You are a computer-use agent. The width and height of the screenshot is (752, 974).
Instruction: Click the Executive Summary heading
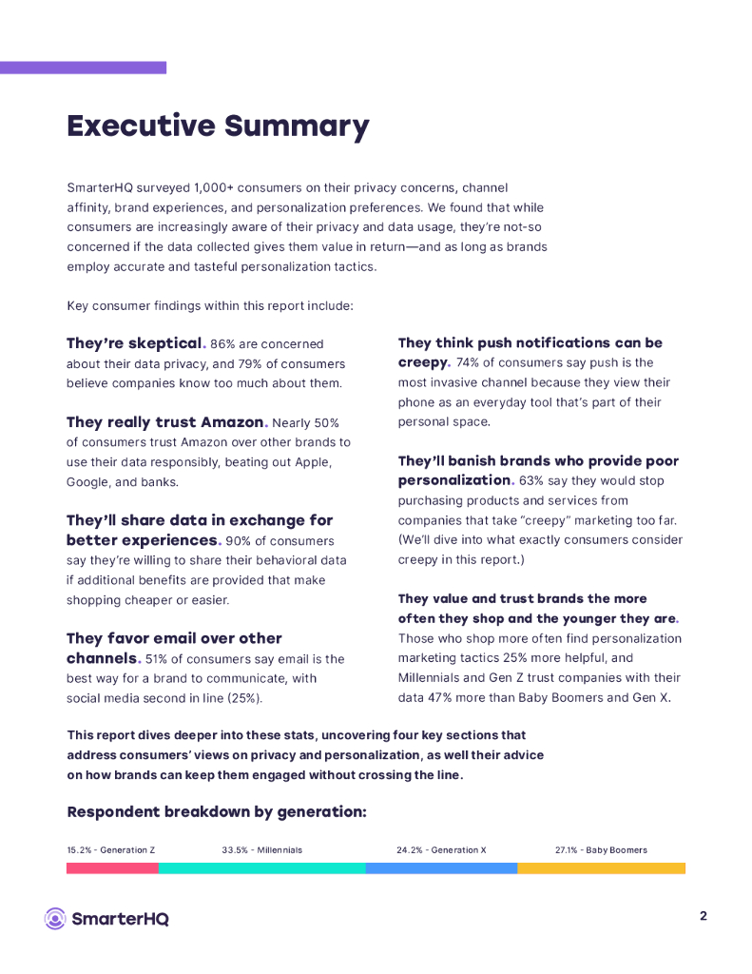218,126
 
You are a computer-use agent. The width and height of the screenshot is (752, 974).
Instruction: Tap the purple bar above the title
83,68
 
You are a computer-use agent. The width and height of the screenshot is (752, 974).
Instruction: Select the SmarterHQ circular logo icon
55,918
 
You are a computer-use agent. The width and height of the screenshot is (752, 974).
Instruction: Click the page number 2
703,916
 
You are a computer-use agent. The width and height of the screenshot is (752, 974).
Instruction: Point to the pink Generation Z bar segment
112,868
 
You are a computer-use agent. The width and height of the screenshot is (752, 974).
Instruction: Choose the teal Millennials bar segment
261,868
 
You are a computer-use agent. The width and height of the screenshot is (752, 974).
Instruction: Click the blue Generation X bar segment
441,868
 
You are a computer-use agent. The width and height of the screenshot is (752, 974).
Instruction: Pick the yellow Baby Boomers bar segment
601,868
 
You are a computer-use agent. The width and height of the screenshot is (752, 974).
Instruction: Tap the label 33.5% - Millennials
261,849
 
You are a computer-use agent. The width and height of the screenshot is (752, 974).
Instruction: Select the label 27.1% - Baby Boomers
601,849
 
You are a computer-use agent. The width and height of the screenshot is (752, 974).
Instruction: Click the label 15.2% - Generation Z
110,849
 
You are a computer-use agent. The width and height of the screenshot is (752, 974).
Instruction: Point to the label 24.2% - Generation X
441,849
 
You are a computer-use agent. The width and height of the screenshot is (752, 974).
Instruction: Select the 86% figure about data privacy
222,344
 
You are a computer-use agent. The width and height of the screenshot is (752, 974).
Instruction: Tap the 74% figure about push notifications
468,363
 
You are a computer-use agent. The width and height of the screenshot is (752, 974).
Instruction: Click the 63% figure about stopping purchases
531,481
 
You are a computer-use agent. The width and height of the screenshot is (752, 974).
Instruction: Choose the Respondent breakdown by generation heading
217,812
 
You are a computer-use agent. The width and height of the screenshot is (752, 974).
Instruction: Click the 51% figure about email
159,659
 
